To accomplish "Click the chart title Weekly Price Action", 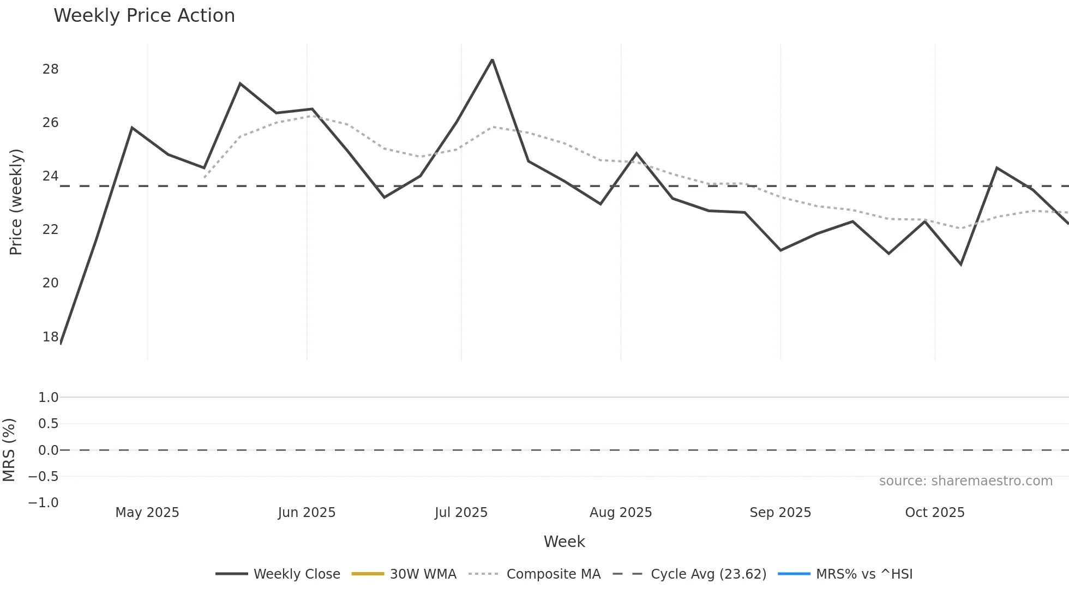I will tap(144, 16).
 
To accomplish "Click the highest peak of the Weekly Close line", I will tap(493, 59).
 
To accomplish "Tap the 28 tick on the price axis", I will tap(51, 69).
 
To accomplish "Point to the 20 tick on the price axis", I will tap(51, 283).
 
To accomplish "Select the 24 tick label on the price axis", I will tap(51, 176).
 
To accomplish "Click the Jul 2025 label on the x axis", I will tap(461, 513).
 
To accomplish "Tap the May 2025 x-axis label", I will tap(147, 513).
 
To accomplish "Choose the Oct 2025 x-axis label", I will tap(935, 513).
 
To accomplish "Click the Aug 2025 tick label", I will tap(621, 513).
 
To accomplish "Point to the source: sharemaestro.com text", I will tap(965, 481).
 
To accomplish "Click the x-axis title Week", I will tap(564, 542).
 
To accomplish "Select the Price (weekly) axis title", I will tap(16, 202).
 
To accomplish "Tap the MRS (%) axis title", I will tap(9, 450).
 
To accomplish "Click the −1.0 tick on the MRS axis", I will tap(44, 503).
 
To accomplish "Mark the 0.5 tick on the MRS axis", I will tap(48, 424).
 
